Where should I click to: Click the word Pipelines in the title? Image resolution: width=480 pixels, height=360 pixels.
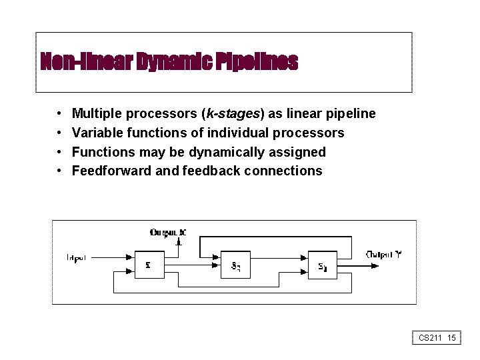coord(257,62)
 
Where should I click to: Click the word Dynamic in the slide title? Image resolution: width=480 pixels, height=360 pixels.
coord(175,62)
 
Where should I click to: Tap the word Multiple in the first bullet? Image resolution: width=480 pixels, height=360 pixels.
coord(96,114)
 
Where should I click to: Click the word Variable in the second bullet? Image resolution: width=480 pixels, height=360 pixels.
coord(95,133)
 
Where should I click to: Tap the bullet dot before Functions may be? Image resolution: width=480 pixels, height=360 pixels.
coord(59,152)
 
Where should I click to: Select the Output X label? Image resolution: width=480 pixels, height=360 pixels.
coord(168,233)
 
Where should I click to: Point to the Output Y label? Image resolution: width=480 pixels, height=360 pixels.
coord(383,254)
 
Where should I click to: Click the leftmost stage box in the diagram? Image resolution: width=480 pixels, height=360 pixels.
coord(148,265)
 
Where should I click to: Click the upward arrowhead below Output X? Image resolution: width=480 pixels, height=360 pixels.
coord(178,243)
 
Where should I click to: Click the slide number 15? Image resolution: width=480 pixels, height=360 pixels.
coord(451,338)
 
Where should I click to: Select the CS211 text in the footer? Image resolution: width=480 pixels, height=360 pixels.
coord(431,338)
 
